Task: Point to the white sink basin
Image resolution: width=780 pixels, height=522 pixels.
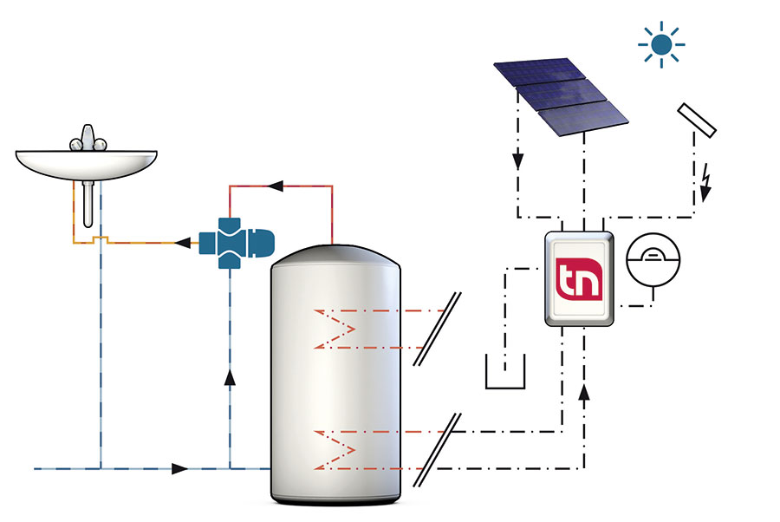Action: pyautogui.click(x=87, y=162)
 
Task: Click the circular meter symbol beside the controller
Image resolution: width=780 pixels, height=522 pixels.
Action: pyautogui.click(x=653, y=258)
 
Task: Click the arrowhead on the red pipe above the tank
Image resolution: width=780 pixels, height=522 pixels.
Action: pyautogui.click(x=276, y=185)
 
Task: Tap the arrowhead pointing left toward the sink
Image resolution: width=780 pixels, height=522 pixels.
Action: pyautogui.click(x=182, y=243)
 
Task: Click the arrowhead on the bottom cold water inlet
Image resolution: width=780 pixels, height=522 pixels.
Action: pyautogui.click(x=179, y=469)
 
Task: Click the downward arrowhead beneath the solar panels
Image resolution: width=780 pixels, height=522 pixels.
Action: pyautogui.click(x=517, y=162)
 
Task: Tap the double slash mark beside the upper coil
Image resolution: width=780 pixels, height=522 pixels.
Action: pyautogui.click(x=437, y=330)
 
